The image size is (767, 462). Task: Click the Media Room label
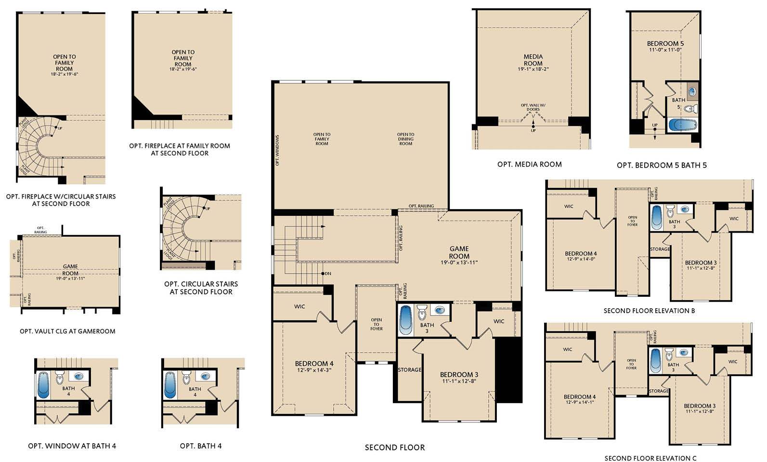(533, 60)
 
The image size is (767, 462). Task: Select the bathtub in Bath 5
(682, 125)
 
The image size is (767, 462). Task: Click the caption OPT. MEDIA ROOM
(529, 164)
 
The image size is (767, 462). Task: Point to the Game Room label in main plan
(459, 252)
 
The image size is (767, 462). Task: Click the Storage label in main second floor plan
(409, 370)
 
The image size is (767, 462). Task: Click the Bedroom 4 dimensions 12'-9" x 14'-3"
(313, 370)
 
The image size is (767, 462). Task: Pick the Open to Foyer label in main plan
(377, 324)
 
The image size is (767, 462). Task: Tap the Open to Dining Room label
(405, 139)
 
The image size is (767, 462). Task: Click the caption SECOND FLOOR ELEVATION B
(649, 311)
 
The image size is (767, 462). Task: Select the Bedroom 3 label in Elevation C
(700, 406)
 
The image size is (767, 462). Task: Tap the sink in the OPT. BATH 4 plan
(207, 376)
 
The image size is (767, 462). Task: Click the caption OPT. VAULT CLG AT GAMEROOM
(67, 331)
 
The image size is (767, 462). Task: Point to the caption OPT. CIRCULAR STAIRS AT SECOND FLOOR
(201, 288)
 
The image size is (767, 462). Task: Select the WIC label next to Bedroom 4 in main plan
(299, 306)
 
